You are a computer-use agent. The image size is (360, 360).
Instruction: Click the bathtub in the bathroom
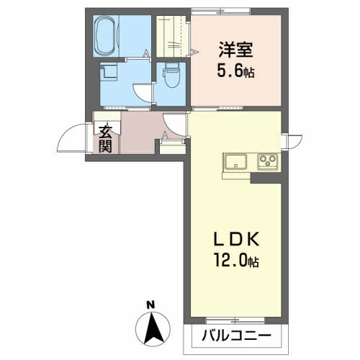point(106,36)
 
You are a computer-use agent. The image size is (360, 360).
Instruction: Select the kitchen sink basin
point(235,161)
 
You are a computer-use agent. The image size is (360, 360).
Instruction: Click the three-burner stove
point(268,161)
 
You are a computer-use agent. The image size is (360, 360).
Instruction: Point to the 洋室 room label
point(235,50)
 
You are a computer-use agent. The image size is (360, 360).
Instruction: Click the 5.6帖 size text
point(235,71)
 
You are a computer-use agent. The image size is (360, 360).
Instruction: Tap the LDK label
point(236,240)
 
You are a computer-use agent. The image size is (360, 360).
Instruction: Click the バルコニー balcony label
point(236,336)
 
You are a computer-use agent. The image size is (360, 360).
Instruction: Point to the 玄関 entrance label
point(106,140)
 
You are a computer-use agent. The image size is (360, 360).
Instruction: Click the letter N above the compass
point(150,305)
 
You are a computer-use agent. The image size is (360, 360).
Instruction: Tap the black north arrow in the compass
point(153,328)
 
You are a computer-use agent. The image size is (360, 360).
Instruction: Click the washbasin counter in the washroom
point(109,71)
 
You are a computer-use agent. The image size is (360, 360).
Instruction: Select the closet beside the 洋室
point(171,36)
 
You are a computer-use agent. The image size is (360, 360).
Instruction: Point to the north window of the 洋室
point(221,12)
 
